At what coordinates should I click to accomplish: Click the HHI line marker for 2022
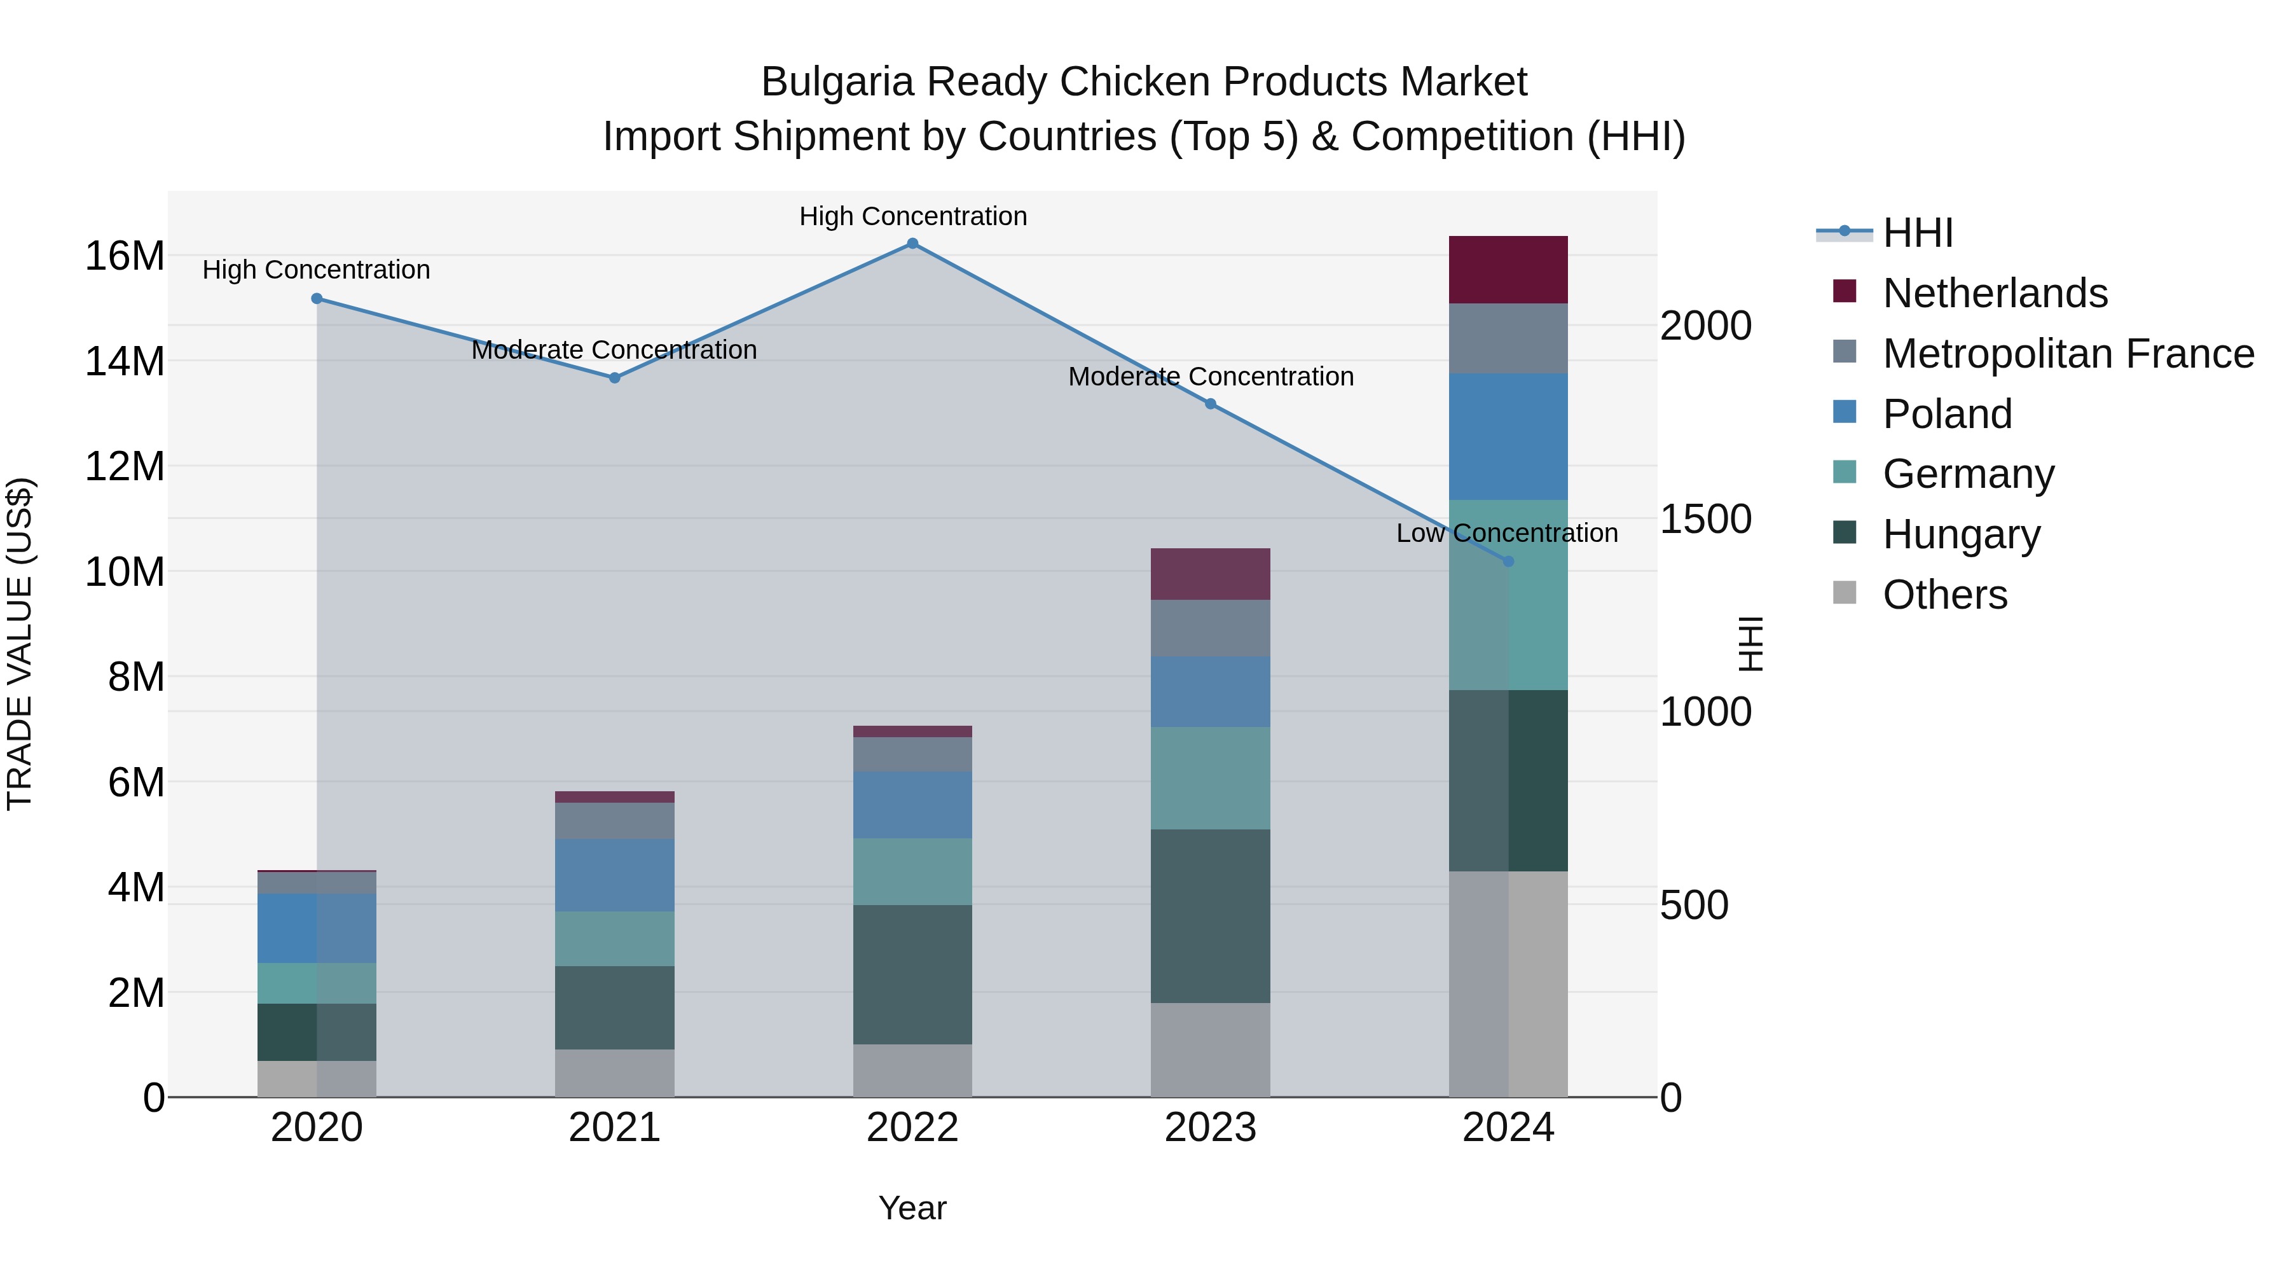[912, 244]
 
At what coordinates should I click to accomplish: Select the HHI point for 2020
[317, 299]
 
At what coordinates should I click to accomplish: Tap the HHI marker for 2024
[1508, 562]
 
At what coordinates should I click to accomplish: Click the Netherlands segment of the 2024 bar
[1508, 269]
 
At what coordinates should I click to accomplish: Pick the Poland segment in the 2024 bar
[1508, 436]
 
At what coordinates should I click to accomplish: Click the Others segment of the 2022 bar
[912, 1070]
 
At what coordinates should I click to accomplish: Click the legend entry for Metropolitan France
[2068, 354]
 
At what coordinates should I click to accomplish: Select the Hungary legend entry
[1961, 534]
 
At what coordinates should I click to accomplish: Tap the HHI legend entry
[1918, 233]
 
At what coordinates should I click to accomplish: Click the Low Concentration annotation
[1507, 534]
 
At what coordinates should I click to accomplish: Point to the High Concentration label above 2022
[912, 216]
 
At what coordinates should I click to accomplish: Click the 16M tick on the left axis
[125, 256]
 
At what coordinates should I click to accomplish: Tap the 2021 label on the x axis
[614, 1128]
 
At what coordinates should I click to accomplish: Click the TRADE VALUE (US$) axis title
[20, 644]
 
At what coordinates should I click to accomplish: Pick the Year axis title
[912, 1208]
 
